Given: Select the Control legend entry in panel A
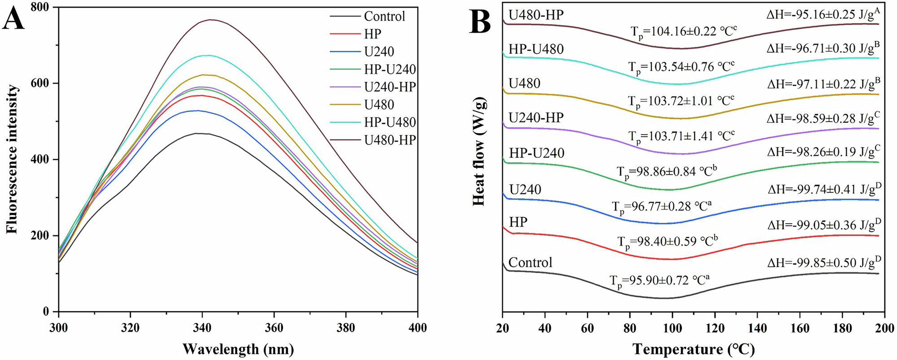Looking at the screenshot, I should (x=384, y=17).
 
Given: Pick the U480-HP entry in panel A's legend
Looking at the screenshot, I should (x=390, y=140).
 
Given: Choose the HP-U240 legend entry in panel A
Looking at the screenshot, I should (x=390, y=69).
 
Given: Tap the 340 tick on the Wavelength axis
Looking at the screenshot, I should (x=202, y=328).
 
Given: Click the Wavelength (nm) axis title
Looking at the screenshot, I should (x=238, y=348).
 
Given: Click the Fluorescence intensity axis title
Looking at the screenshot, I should (x=12, y=159).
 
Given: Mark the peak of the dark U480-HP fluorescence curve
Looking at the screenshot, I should (x=210, y=20).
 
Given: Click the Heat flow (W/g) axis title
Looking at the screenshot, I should (x=479, y=152).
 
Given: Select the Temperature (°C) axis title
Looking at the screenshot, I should (x=693, y=348).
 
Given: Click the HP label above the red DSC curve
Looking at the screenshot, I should (x=518, y=222).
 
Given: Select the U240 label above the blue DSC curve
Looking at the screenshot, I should (x=525, y=190).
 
